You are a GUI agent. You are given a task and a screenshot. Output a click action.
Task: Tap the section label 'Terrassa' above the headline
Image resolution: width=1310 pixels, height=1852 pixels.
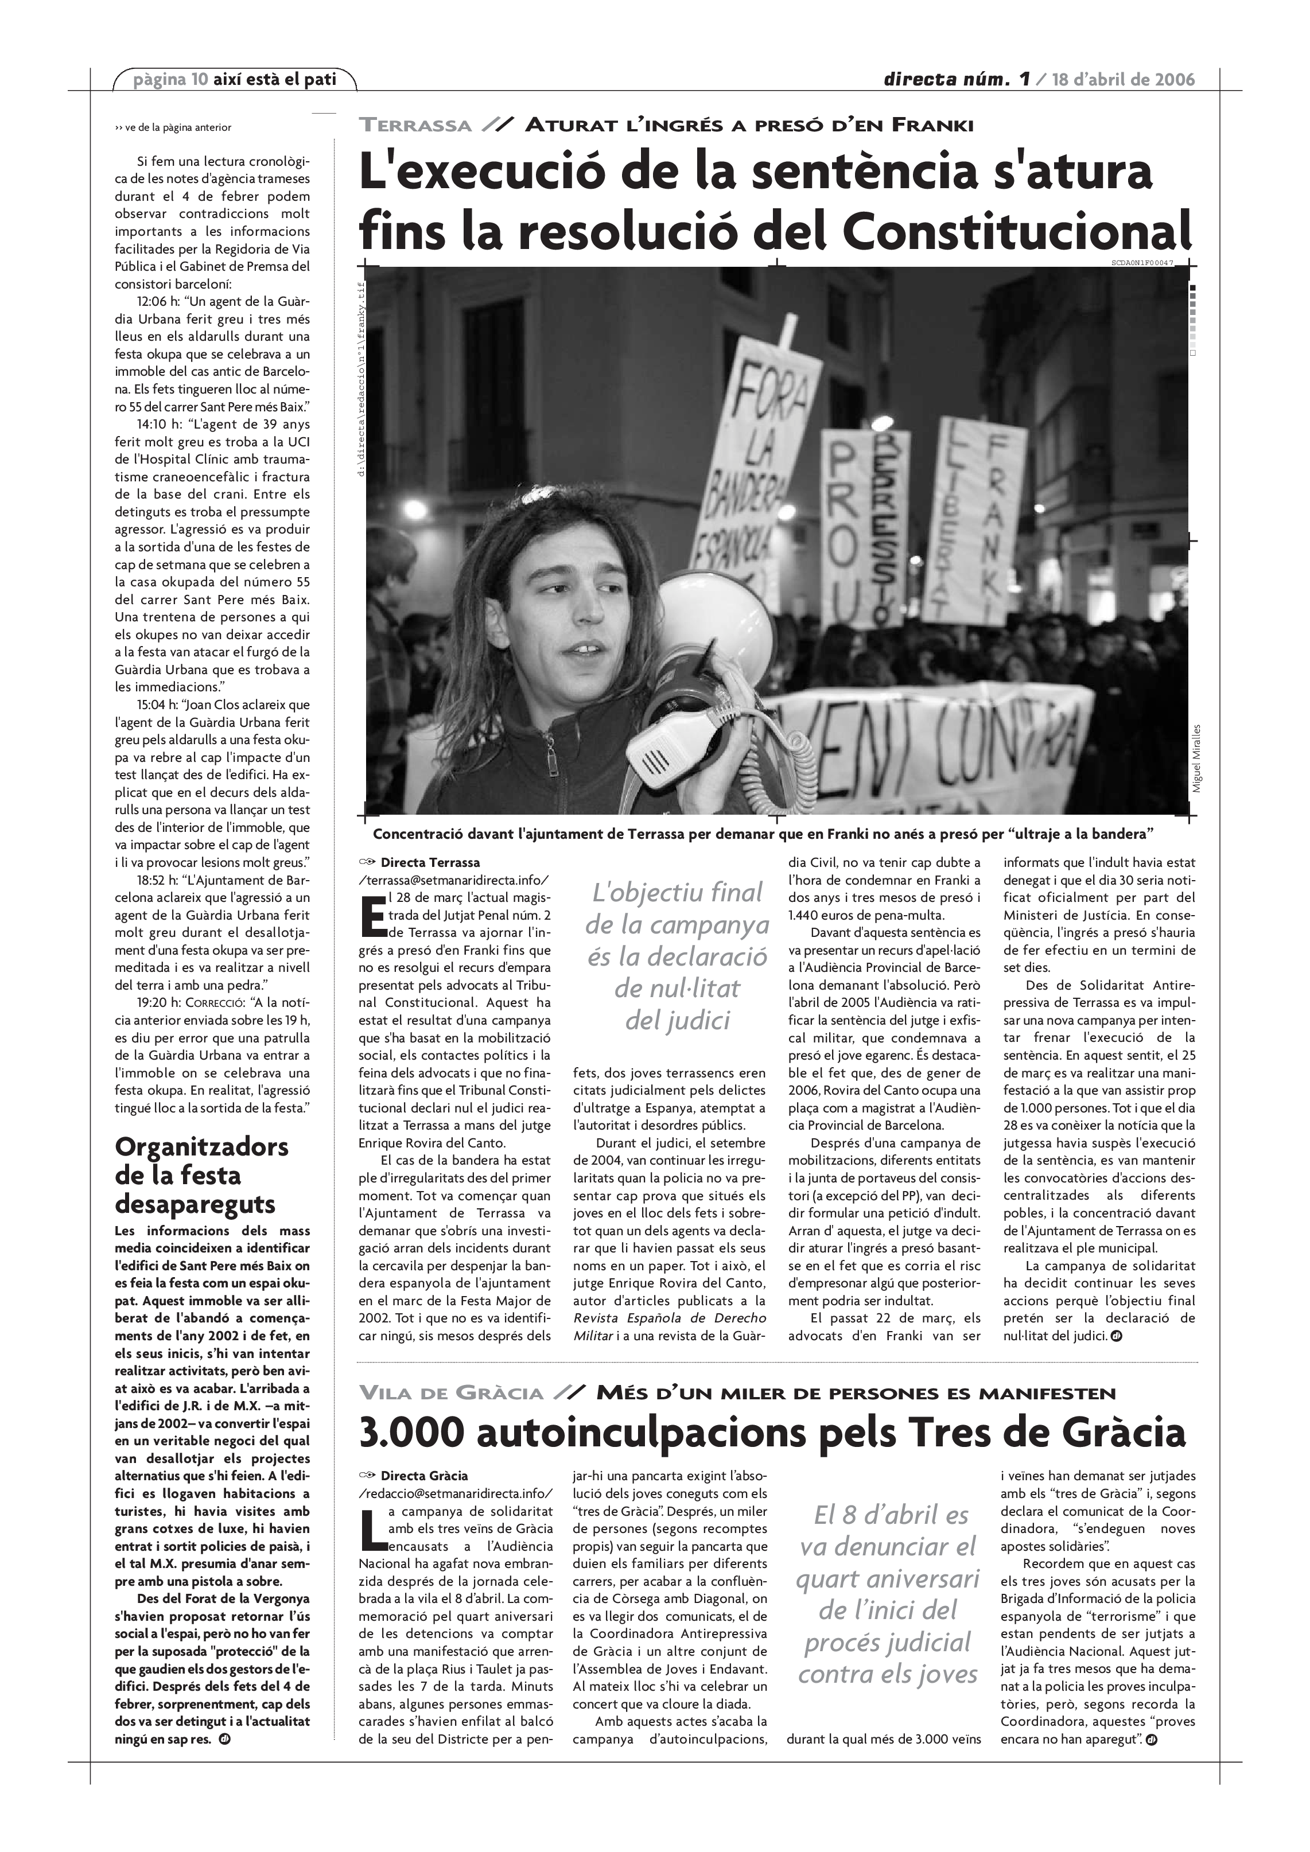click(415, 125)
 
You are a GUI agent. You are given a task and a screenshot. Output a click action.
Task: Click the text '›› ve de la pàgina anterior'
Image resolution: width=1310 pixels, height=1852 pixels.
click(173, 127)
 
